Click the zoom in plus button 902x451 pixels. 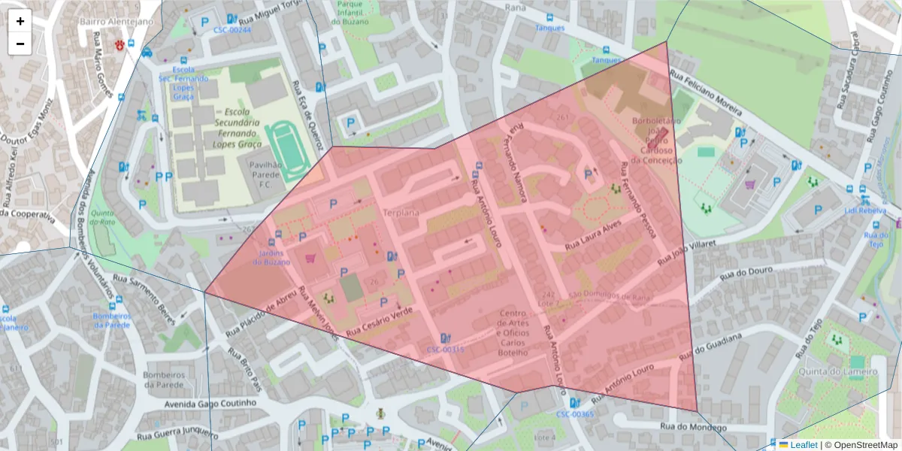tap(20, 21)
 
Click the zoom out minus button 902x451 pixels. tap(20, 44)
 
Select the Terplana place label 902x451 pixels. tap(401, 213)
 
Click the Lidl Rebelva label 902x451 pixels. tap(866, 210)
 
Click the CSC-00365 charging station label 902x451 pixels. tap(575, 414)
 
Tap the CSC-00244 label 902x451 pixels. tap(232, 30)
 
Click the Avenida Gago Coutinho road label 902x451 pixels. tap(210, 404)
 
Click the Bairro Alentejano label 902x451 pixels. tap(117, 21)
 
